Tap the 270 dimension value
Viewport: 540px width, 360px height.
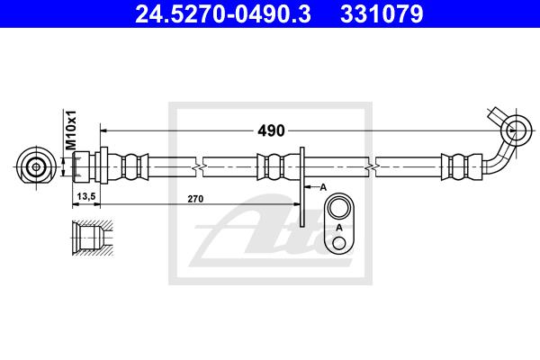(194, 197)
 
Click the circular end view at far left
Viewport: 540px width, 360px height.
(36, 166)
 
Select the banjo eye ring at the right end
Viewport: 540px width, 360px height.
(517, 130)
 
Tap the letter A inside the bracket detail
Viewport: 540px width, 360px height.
(339, 229)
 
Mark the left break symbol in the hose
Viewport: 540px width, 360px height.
(198, 166)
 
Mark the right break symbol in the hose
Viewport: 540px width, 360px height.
(371, 166)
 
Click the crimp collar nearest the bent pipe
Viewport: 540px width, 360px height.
(455, 166)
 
